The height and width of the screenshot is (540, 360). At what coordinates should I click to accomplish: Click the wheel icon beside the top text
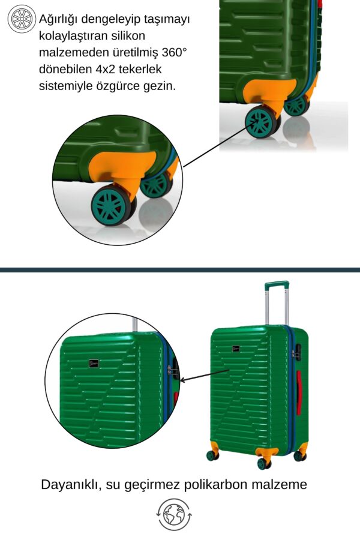[22, 19]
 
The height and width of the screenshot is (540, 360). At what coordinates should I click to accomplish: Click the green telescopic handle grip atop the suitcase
[277, 285]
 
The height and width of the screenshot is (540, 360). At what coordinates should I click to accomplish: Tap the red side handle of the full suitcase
[299, 392]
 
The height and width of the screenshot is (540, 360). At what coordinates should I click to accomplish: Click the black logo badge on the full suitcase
[236, 349]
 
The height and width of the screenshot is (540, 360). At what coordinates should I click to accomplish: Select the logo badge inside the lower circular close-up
[94, 363]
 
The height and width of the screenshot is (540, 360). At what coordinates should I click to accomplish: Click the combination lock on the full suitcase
[296, 353]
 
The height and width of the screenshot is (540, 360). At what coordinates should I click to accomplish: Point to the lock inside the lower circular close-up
[173, 371]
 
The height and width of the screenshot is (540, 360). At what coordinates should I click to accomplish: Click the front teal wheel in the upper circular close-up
[111, 206]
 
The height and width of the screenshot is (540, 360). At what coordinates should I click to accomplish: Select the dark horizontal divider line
[180, 270]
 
